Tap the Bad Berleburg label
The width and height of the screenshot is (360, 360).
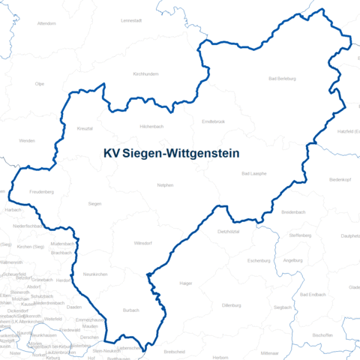(x=282, y=79)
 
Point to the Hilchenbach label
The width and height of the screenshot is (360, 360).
(x=151, y=127)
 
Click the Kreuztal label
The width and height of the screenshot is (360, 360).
(x=84, y=128)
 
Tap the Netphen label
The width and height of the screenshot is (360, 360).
(x=165, y=184)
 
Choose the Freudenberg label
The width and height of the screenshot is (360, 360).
(x=42, y=192)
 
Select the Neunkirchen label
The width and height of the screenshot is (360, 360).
(x=94, y=274)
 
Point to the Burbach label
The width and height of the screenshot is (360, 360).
(x=131, y=310)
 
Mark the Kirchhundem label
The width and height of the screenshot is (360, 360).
(x=145, y=74)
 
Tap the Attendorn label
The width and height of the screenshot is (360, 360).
(x=46, y=23)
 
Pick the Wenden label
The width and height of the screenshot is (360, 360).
(x=27, y=140)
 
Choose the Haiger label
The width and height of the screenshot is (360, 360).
(x=186, y=283)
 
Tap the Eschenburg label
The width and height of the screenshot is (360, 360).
(x=258, y=260)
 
